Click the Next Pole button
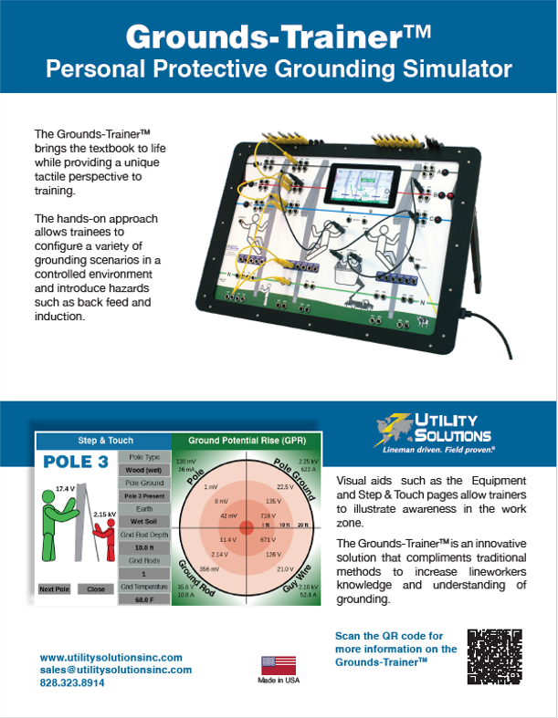pyautogui.click(x=54, y=589)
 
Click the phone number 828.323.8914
pyautogui.click(x=73, y=682)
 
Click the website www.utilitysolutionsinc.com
pyautogui.click(x=111, y=657)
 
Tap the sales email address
pyautogui.click(x=116, y=670)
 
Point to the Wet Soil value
pyautogui.click(x=143, y=521)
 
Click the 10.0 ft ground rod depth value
pyautogui.click(x=143, y=547)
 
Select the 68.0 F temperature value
pyautogui.click(x=143, y=599)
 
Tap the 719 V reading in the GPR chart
pyautogui.click(x=268, y=515)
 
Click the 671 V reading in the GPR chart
pyautogui.click(x=268, y=539)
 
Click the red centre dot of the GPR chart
pyautogui.click(x=246, y=528)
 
